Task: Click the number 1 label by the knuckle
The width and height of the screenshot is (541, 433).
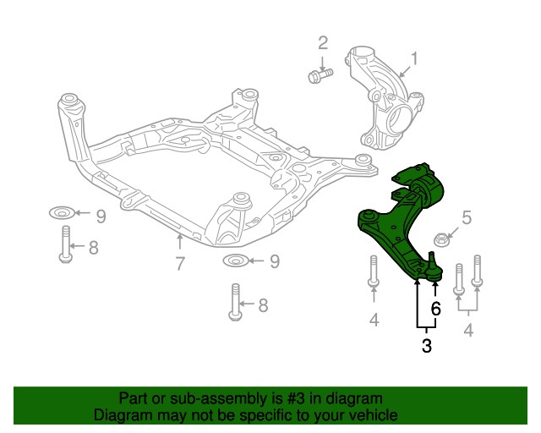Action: tap(414, 59)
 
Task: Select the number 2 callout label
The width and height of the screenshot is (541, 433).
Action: tap(322, 42)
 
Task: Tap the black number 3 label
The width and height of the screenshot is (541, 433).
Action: tap(426, 345)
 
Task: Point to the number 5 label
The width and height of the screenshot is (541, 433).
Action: tap(466, 217)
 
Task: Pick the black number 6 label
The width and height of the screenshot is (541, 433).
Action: tap(436, 309)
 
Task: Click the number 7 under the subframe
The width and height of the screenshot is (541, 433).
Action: tap(180, 264)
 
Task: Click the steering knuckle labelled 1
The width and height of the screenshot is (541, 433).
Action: tap(380, 97)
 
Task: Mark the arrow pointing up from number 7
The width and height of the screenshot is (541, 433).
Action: tap(179, 244)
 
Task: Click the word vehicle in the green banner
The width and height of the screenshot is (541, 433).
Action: tap(368, 416)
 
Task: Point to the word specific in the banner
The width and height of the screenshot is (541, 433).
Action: tap(272, 416)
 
